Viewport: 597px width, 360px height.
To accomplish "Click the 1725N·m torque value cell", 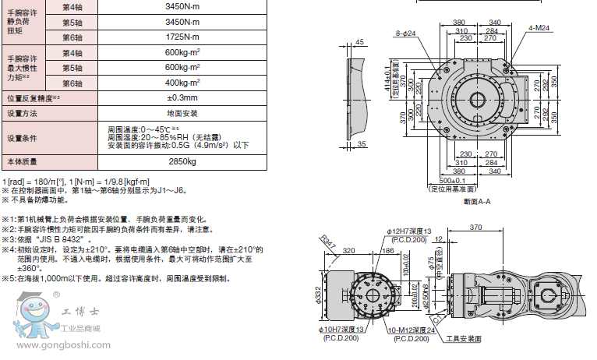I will pyautogui.click(x=181, y=37).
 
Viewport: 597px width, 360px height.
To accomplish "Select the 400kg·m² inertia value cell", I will pyautogui.click(x=181, y=83).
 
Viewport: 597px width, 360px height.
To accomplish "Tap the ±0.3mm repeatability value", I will pyautogui.click(x=181, y=98).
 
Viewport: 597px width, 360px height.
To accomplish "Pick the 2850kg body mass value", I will pyautogui.click(x=181, y=162).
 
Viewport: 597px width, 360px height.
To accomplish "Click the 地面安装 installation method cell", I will pyautogui.click(x=181, y=113).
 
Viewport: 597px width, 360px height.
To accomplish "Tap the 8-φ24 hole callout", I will pyautogui.click(x=405, y=34).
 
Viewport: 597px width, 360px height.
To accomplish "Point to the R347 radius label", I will pyautogui.click(x=329, y=244).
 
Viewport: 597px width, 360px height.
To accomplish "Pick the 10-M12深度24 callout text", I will pyautogui.click(x=413, y=331).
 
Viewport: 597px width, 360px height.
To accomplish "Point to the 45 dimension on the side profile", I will pyautogui.click(x=359, y=41).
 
